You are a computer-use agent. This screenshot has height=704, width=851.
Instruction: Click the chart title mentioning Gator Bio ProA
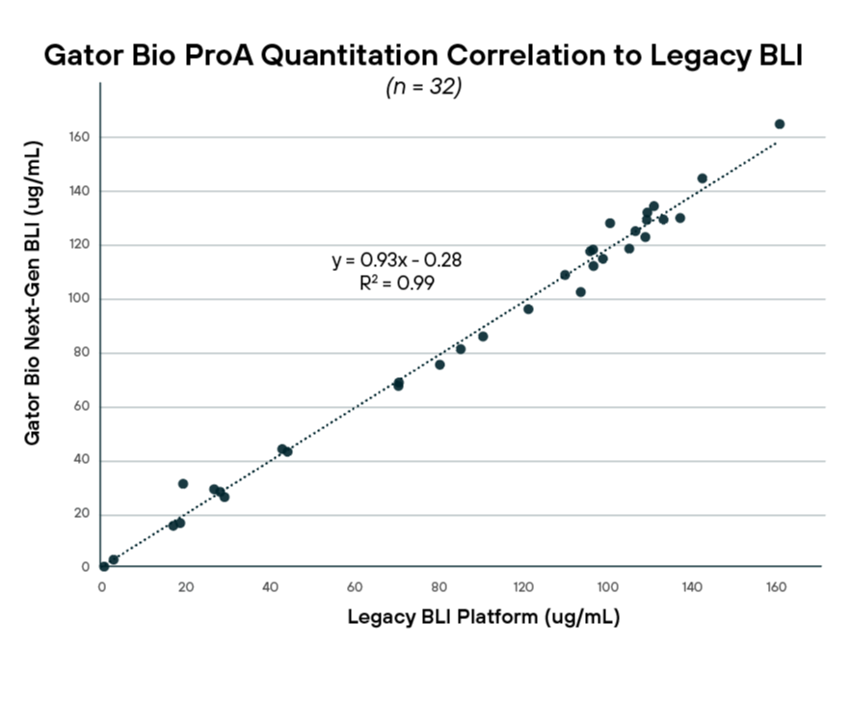(424, 56)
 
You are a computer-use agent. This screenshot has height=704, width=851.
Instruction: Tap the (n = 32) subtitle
(424, 87)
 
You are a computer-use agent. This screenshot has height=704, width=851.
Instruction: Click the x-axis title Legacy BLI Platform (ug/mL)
(483, 616)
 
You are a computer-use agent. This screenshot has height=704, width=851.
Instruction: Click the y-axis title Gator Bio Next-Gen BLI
(33, 292)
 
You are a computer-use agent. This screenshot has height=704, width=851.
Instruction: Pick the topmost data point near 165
(779, 124)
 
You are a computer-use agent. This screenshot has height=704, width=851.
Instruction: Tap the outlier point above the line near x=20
(183, 484)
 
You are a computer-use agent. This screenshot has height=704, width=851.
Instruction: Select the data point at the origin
(103, 566)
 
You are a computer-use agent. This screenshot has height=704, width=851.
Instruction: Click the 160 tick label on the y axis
(78, 137)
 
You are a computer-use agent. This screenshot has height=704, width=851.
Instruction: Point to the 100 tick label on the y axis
(78, 299)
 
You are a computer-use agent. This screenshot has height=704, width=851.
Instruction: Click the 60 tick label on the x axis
(355, 586)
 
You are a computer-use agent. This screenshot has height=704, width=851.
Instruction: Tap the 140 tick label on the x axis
(691, 586)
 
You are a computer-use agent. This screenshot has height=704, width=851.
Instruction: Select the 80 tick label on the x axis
(439, 586)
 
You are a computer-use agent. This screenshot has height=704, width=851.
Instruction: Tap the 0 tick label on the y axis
(85, 568)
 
